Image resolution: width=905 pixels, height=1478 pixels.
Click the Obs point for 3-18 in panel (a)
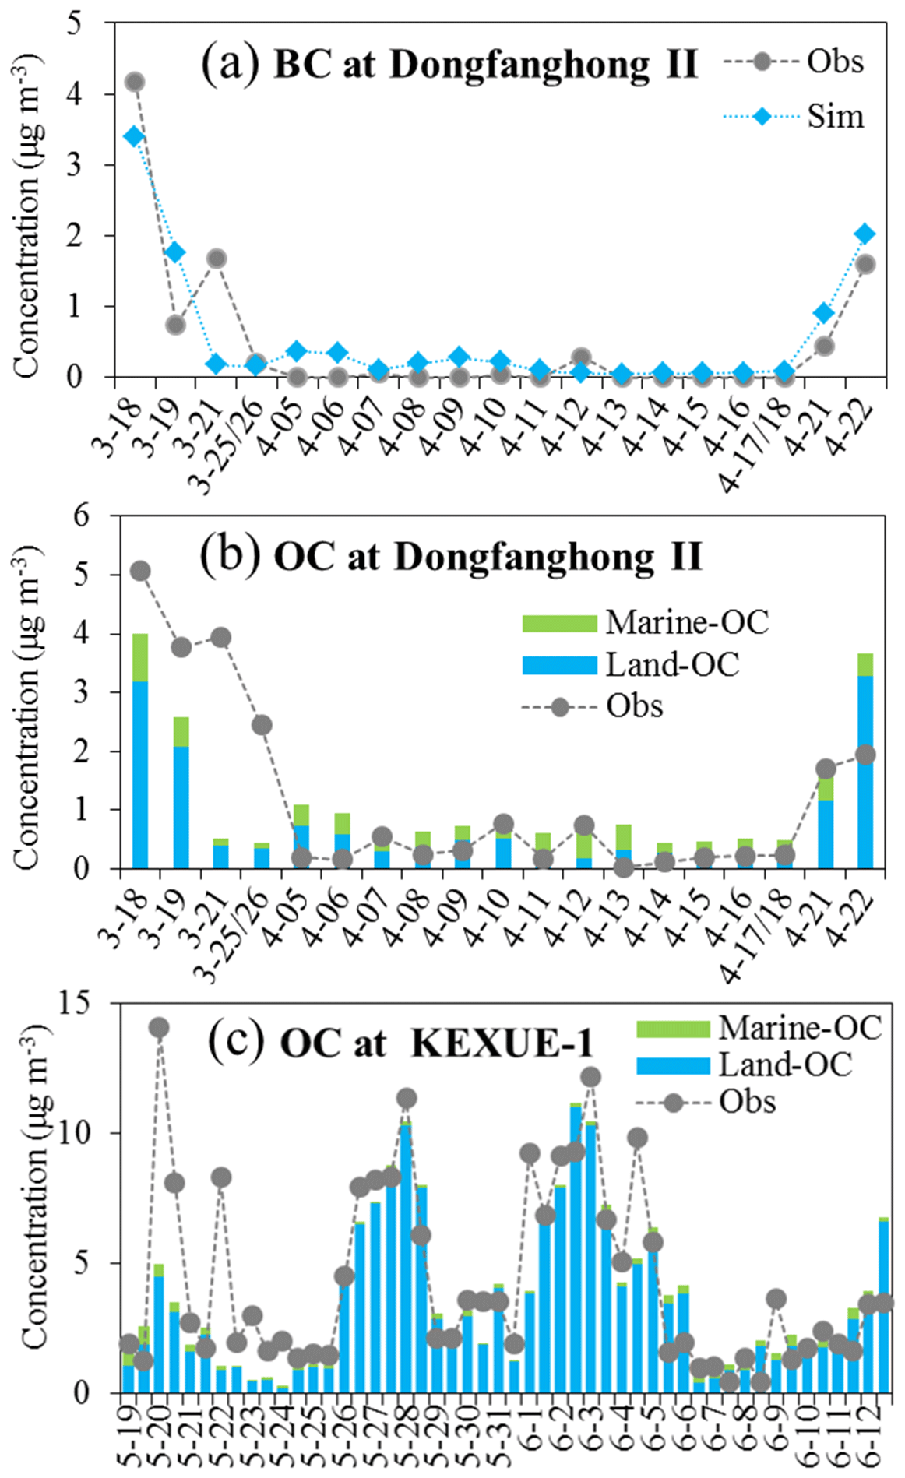134,82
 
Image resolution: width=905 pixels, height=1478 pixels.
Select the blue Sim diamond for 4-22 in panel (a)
865,234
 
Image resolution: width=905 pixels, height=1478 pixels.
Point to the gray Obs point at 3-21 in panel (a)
217,259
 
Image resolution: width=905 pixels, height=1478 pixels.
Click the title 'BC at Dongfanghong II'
484,64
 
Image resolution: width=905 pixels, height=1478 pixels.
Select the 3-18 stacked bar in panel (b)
140,751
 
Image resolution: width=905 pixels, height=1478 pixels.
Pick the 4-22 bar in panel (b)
865,762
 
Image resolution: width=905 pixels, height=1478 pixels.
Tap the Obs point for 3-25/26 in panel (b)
262,725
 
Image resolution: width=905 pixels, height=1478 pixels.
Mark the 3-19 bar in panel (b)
181,793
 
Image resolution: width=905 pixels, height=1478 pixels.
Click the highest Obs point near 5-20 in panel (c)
159,1027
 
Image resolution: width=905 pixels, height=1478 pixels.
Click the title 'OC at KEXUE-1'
436,1043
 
